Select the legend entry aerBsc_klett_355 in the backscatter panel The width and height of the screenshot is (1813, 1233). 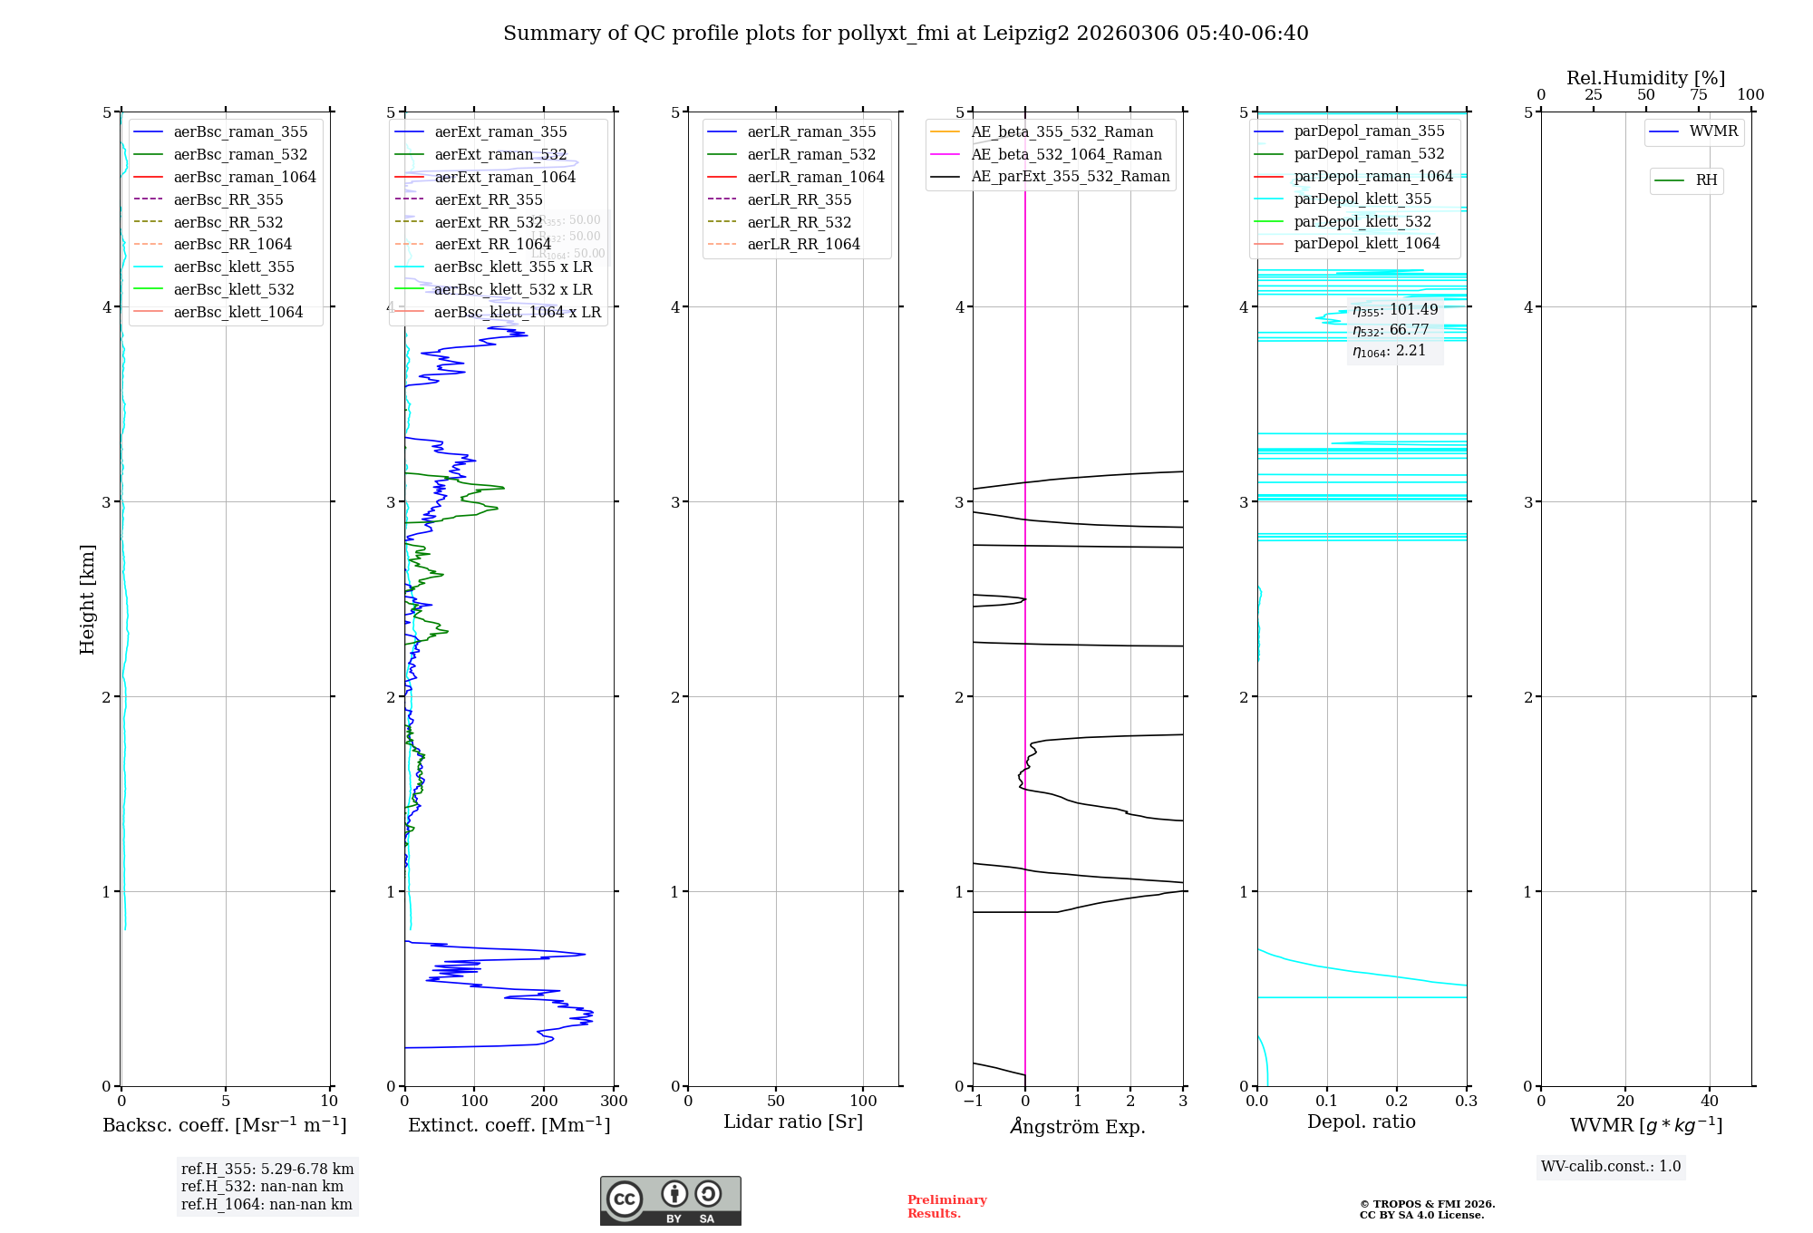coord(234,267)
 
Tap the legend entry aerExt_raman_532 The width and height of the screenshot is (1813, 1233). coord(500,155)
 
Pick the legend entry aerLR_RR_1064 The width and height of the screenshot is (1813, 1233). coord(803,244)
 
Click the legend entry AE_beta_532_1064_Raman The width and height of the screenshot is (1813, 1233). coord(1066,154)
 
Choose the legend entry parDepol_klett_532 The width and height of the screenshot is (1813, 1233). coord(1362,221)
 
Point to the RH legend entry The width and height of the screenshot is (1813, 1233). coord(1706,180)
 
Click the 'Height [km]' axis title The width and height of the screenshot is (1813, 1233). coord(87,599)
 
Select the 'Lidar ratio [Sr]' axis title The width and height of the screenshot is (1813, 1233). coord(793,1121)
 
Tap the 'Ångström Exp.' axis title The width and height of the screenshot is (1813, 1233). coord(1078,1126)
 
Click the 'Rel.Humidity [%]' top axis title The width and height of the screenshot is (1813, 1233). coord(1645,78)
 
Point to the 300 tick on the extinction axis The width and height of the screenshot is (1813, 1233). coord(614,1101)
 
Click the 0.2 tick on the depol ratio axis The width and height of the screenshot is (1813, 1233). coord(1397,1101)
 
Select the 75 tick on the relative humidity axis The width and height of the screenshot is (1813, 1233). coord(1699,95)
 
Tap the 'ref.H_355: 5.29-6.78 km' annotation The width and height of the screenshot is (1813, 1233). coord(267,1170)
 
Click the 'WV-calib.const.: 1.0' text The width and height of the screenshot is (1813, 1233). coord(1611,1167)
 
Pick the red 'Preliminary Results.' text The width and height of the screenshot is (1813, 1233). coord(946,1207)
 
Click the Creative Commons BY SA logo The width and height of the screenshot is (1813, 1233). coord(670,1201)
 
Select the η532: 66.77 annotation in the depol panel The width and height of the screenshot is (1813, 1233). coord(1391,330)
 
